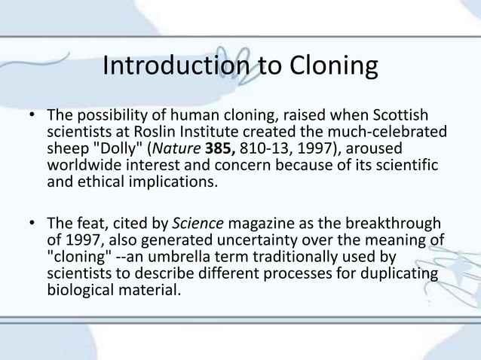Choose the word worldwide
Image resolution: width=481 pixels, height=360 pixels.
click(x=81, y=165)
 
